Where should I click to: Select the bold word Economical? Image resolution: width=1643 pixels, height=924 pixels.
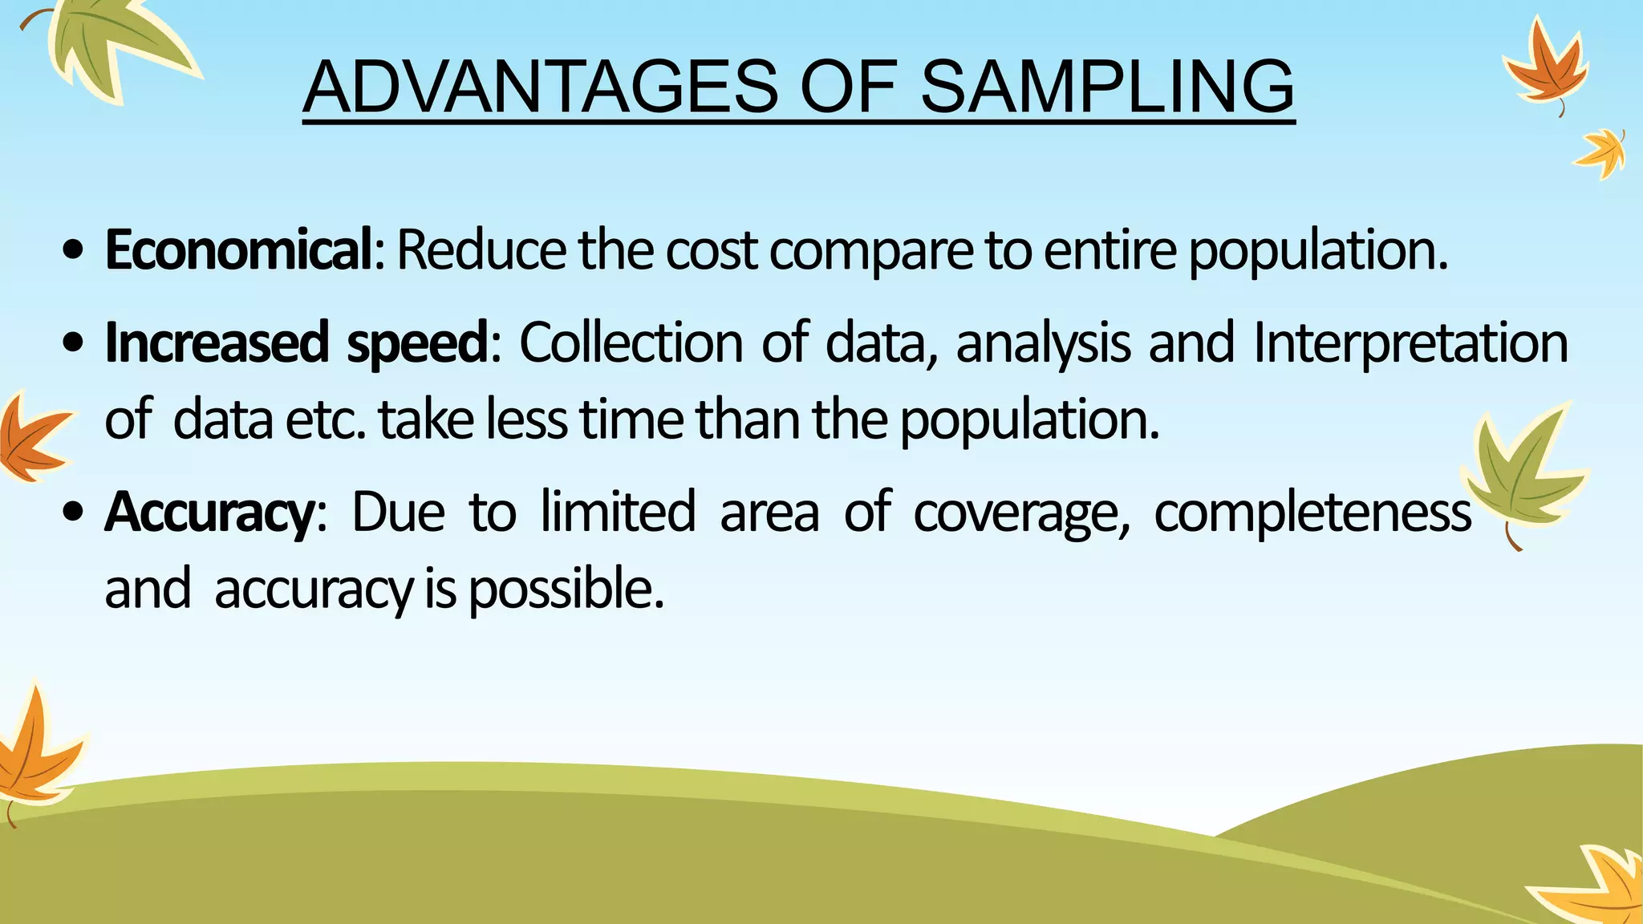pyautogui.click(x=238, y=250)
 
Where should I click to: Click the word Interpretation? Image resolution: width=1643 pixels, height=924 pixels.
pyautogui.click(x=1410, y=343)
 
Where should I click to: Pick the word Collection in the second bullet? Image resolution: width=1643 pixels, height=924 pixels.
pyautogui.click(x=631, y=343)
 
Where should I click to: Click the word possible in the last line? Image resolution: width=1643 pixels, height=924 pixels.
pyautogui.click(x=566, y=590)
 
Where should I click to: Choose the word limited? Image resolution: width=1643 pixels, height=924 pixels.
pyautogui.click(x=618, y=512)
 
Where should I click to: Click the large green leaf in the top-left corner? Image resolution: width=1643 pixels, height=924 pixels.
pyautogui.click(x=112, y=44)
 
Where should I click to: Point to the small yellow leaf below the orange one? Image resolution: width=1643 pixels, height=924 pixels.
pyautogui.click(x=1601, y=152)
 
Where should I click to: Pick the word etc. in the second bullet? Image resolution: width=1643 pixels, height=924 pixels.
pyautogui.click(x=325, y=420)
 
